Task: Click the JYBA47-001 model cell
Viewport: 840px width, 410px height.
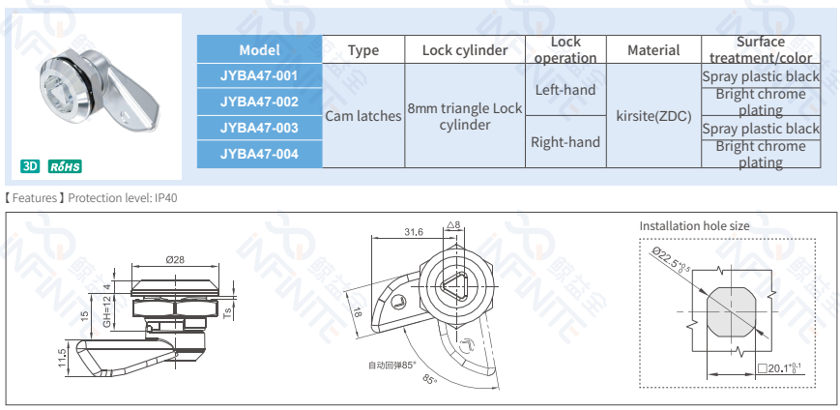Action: tap(259, 75)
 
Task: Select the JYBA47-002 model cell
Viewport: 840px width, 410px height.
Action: tap(259, 102)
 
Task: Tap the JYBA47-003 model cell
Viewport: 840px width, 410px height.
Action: tap(259, 128)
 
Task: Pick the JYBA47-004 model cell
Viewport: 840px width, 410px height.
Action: tap(259, 154)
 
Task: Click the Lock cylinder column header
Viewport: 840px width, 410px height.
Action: tap(465, 50)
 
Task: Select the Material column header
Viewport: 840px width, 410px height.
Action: tap(653, 50)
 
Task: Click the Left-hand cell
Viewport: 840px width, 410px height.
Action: tap(565, 90)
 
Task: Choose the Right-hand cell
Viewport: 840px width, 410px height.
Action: tap(565, 142)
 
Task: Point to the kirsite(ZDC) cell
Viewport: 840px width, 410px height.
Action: tap(653, 116)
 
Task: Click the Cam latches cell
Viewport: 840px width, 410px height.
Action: tap(362, 116)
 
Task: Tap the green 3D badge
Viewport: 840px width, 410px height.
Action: tap(30, 166)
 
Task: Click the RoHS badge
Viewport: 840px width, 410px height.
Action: tap(66, 166)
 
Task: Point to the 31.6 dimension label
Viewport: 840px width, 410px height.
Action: tap(413, 231)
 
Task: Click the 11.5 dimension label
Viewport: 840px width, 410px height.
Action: tap(63, 358)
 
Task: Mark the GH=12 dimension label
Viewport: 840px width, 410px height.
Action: tap(107, 311)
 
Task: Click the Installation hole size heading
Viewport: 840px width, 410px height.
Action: tap(694, 225)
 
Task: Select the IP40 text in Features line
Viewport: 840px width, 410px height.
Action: tap(166, 198)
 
